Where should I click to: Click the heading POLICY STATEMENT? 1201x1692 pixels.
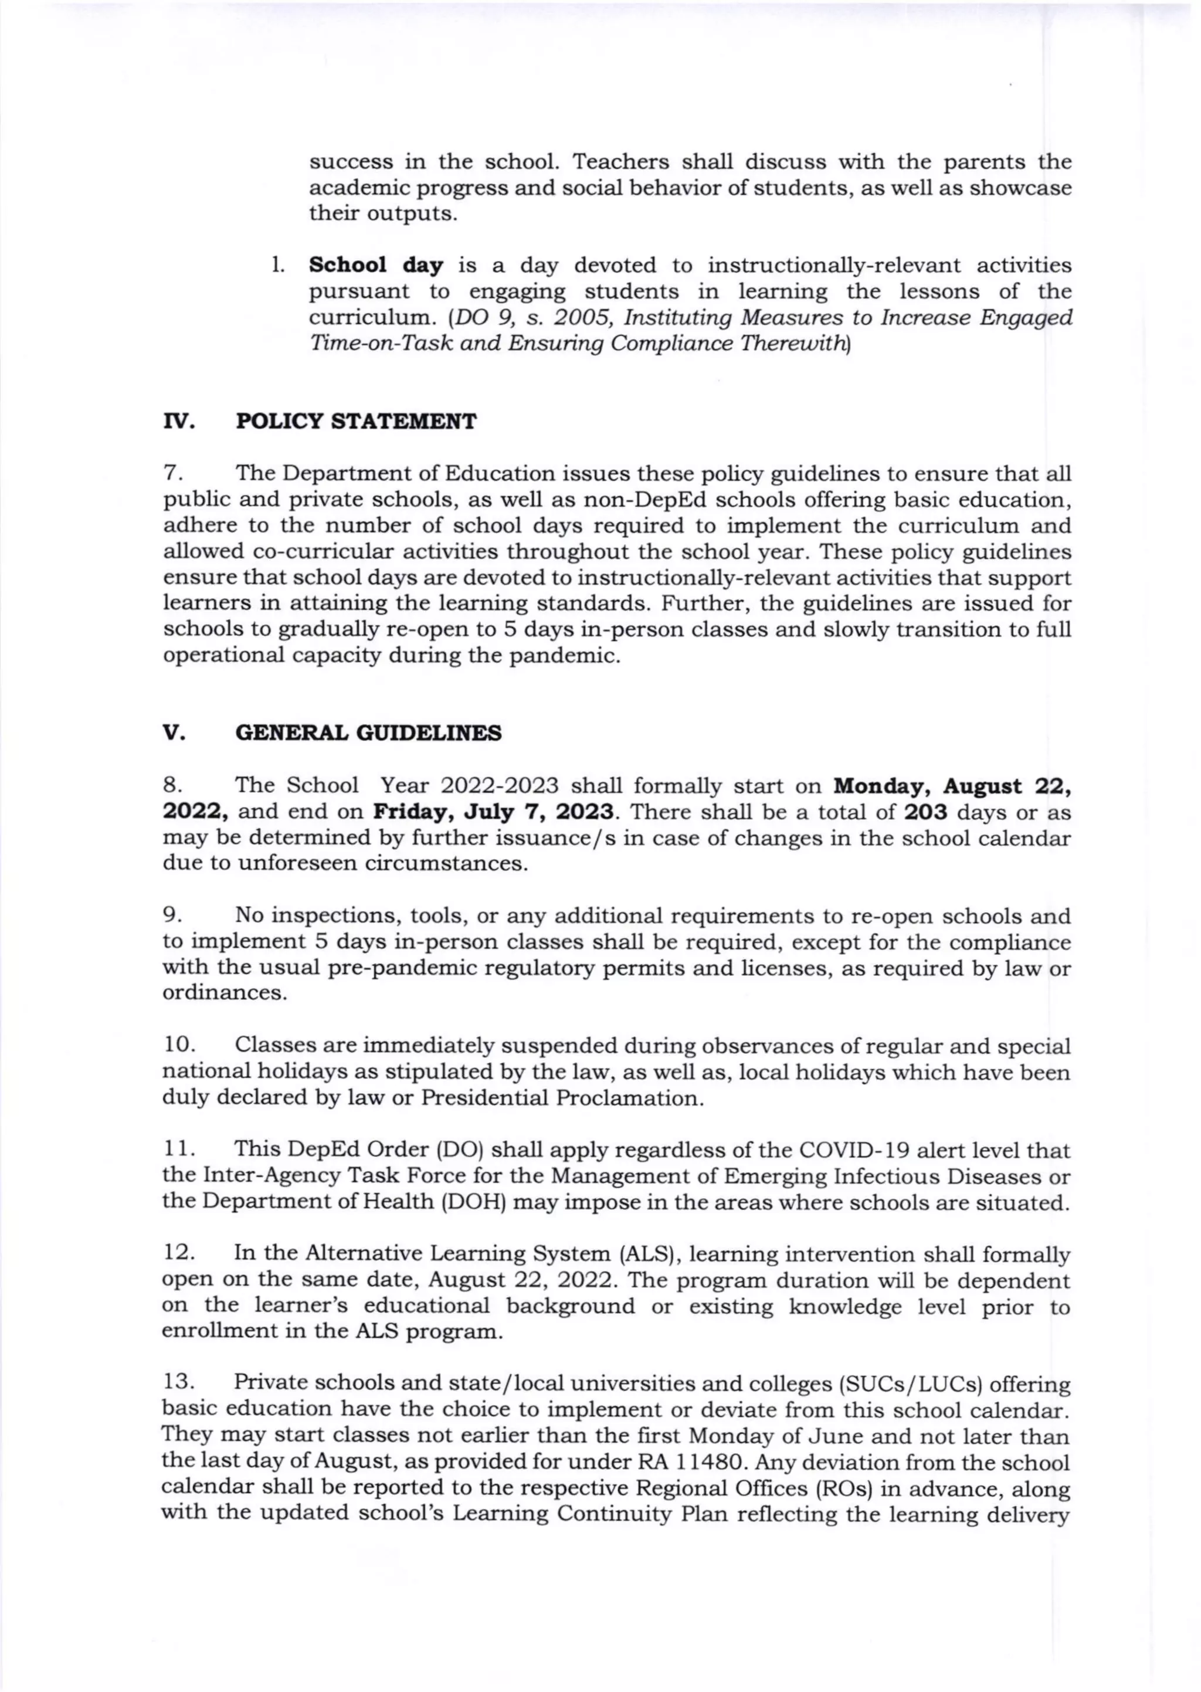(356, 422)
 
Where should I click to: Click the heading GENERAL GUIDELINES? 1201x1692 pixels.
(368, 733)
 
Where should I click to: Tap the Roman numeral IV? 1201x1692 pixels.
(178, 422)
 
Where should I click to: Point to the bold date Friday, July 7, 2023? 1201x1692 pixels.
(493, 812)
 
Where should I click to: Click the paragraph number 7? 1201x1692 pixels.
(169, 473)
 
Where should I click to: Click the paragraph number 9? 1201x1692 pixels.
(170, 916)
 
